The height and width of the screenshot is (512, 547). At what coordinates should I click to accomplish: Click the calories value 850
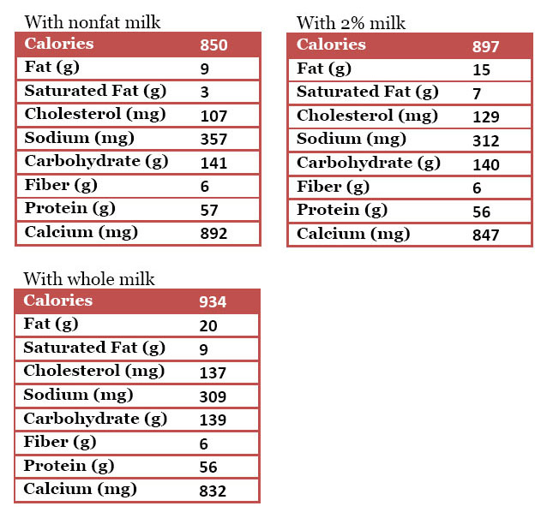pos(213,45)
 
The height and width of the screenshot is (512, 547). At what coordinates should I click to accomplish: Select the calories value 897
pos(485,46)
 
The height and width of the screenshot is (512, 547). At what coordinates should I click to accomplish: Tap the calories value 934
pos(213,301)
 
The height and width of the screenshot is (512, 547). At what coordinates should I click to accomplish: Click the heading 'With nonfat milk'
pos(92,22)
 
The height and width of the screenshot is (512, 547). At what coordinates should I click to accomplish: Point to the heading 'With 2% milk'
pos(352,22)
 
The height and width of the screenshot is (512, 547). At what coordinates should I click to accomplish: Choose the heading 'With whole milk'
pos(89,278)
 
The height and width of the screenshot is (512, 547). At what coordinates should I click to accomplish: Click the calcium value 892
pos(213,233)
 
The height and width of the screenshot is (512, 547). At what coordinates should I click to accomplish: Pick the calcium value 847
pos(485,235)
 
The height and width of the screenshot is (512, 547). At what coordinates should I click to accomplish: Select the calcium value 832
pos(213,491)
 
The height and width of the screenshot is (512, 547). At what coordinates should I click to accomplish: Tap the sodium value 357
pos(213,139)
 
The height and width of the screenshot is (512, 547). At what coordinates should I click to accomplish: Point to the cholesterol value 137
pos(213,372)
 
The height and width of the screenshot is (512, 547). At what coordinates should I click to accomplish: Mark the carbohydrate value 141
pos(213,163)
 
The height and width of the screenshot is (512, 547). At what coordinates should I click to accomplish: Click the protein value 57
pos(208,210)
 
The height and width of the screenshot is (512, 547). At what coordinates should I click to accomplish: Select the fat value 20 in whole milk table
pos(207,325)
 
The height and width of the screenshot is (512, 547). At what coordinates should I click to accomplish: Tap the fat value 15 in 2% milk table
pos(480,70)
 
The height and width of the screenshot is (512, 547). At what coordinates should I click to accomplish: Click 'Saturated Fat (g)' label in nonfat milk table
pos(95,91)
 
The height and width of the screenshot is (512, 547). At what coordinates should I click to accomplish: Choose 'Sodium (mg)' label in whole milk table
pos(78,395)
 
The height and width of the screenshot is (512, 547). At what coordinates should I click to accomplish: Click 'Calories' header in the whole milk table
pos(57,301)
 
